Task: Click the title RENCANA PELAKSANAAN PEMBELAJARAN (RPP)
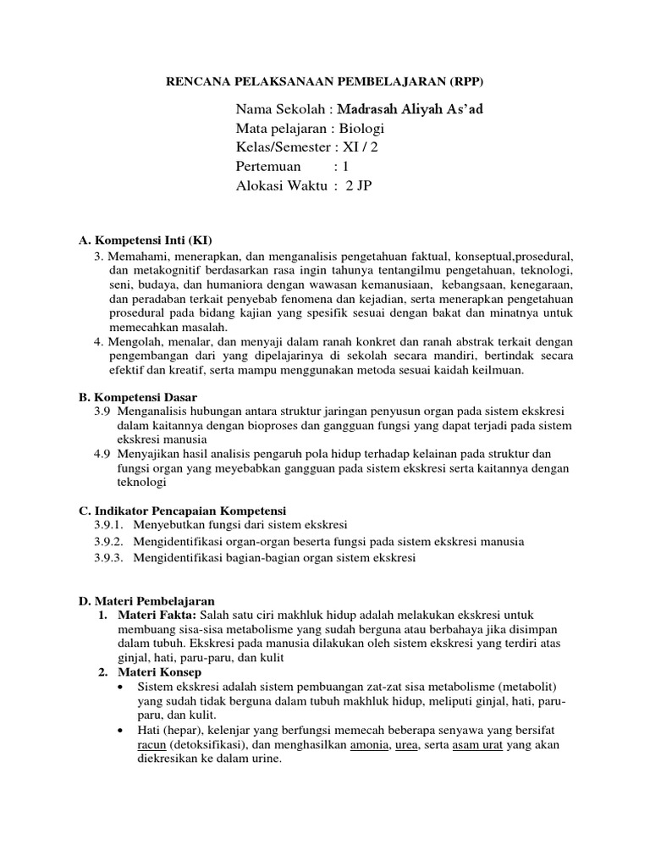tap(324, 81)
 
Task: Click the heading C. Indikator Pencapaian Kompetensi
tap(183, 511)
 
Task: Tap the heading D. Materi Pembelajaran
tap(146, 600)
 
